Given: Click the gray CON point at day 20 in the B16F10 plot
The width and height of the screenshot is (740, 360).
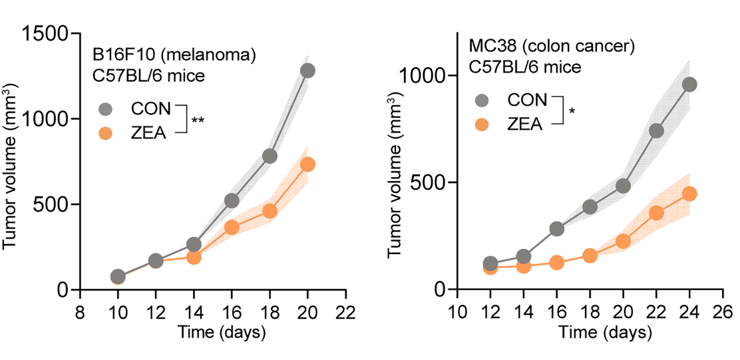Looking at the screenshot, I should click(x=307, y=71).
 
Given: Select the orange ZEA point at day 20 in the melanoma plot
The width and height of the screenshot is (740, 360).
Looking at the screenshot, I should click(x=307, y=164).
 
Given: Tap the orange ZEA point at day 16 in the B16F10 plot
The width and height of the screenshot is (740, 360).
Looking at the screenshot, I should click(x=232, y=227).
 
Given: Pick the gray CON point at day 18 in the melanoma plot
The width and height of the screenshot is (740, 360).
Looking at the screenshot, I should click(x=270, y=156).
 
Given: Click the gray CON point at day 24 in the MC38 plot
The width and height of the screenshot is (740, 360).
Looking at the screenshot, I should click(x=689, y=85).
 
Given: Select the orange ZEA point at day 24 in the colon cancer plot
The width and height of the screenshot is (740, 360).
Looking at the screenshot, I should click(x=689, y=194).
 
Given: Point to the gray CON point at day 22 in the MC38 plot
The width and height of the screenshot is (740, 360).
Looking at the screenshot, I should click(x=656, y=131).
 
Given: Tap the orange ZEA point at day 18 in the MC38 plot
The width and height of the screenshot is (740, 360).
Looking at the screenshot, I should click(x=590, y=256).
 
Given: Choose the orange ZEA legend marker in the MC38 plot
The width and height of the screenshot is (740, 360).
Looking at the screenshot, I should click(x=482, y=123).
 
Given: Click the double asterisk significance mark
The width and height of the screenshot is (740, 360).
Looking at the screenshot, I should click(x=198, y=121).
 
